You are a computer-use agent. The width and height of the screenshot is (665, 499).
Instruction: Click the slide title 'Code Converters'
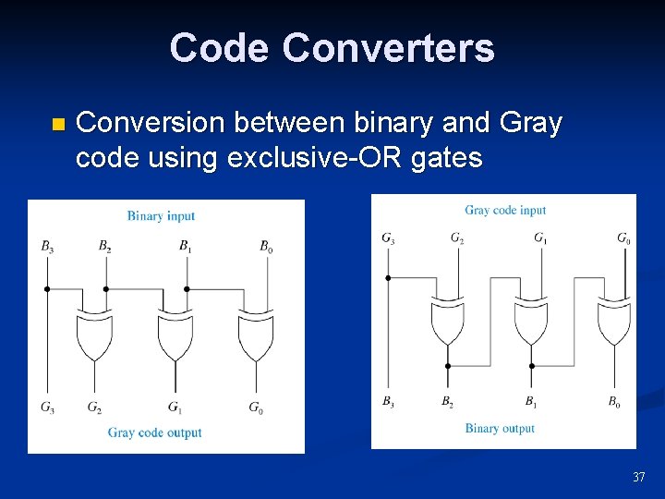tap(332, 48)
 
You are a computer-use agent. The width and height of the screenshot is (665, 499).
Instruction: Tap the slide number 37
tap(638, 477)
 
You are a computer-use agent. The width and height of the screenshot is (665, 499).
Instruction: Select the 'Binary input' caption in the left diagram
tap(161, 216)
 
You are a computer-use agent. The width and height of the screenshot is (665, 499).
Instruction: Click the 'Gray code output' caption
tap(154, 432)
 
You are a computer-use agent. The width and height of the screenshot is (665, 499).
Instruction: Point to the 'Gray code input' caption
tap(505, 211)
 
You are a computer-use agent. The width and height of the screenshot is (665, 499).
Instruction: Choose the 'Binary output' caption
tap(500, 428)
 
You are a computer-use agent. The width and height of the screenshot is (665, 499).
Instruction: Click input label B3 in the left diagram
tap(47, 246)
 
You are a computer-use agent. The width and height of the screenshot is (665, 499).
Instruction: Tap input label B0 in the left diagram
tap(266, 246)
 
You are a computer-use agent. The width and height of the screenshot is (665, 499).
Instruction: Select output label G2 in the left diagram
tap(95, 407)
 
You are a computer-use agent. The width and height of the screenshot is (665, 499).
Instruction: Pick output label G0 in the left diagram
tap(255, 407)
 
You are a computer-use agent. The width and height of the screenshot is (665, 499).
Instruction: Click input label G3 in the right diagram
tap(389, 238)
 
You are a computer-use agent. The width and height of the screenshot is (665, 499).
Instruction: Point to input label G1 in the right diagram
tap(539, 238)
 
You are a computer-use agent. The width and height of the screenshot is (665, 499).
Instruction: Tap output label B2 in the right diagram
tap(447, 401)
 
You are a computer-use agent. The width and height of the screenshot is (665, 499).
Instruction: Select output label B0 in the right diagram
tap(614, 401)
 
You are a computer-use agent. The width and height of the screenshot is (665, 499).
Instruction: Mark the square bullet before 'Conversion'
tap(57, 125)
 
